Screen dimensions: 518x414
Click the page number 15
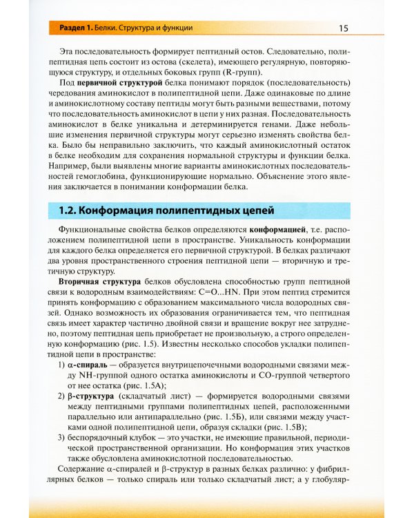[343, 28]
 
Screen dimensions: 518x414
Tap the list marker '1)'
[63, 365]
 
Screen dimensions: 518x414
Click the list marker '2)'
[63, 396]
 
